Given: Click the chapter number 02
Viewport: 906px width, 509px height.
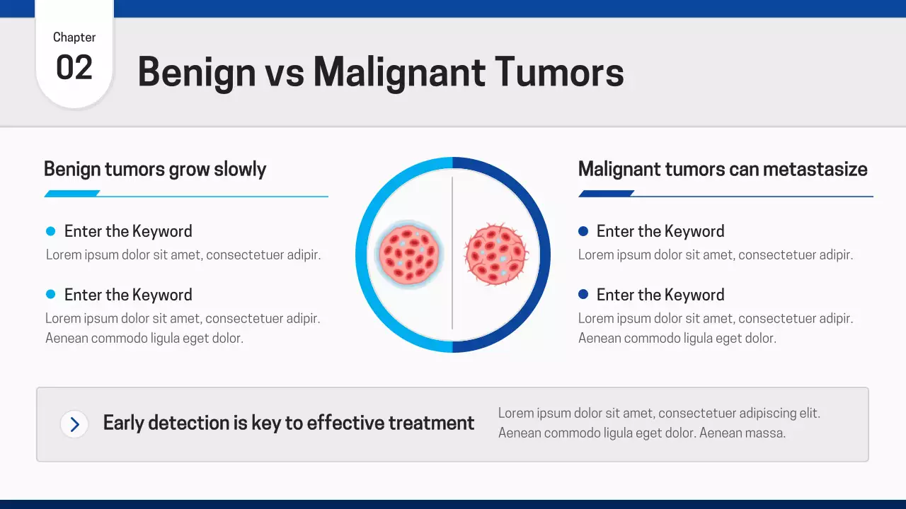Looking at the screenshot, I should coord(74,69).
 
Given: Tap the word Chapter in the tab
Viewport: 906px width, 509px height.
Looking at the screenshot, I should coord(74,37).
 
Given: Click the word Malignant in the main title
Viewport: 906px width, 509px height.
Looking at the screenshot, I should coord(399,72).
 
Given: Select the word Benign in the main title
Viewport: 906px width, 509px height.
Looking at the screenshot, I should coord(196,72).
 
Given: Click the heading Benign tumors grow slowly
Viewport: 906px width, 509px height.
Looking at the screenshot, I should coord(155,170).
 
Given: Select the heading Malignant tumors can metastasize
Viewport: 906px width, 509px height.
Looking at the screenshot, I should coord(723,170).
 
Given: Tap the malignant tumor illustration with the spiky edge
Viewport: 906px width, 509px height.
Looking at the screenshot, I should coord(496,254).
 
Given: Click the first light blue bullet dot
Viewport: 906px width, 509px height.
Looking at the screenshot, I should coord(51,231).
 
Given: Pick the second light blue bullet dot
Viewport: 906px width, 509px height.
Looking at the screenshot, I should coord(51,294).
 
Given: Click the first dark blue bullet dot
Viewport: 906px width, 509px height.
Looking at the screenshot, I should coord(583,231).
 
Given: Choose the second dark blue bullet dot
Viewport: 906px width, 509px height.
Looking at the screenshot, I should coord(583,294).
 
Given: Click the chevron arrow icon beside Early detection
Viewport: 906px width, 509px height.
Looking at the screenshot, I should coord(74,424).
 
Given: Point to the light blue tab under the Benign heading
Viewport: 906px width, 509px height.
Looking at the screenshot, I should coord(72,194).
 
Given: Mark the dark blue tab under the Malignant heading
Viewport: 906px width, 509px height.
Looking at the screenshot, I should coord(607,194).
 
